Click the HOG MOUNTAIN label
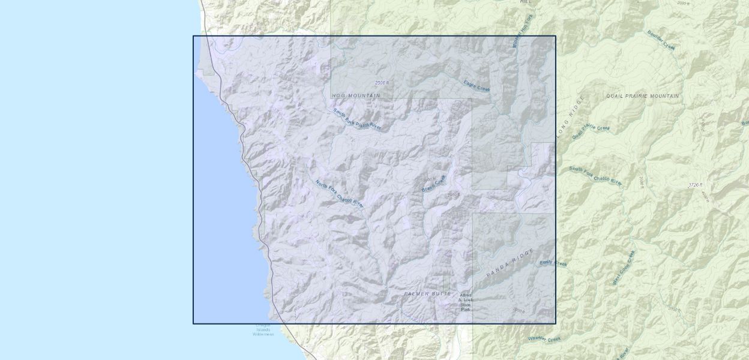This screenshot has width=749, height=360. point(356,95)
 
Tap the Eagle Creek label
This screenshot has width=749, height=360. point(477,86)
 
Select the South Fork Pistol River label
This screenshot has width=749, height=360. point(357,118)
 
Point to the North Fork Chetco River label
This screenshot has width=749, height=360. point(340,193)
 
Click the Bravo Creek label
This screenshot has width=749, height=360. point(434,184)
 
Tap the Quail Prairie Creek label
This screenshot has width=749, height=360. point(591,131)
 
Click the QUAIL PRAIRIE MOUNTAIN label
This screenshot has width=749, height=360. point(642,96)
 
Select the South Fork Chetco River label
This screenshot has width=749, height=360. point(595,176)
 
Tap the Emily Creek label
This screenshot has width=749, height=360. point(553,263)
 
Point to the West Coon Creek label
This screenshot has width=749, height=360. point(623,267)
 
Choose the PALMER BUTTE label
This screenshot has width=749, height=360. point(427,293)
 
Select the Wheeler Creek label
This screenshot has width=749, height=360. point(544,339)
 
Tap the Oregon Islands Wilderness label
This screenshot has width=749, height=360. point(263,329)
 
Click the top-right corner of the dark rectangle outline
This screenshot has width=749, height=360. point(555,36)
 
